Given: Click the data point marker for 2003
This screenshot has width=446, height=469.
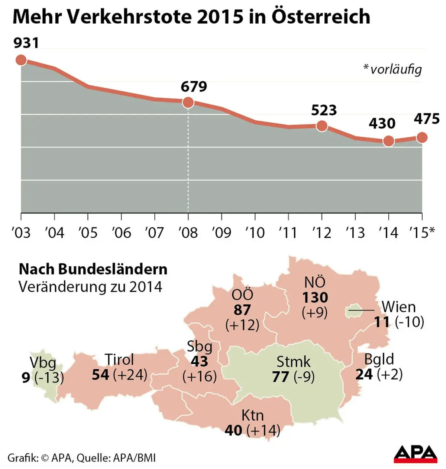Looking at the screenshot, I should click(21, 60).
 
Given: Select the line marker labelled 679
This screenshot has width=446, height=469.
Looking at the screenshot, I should click(188, 102).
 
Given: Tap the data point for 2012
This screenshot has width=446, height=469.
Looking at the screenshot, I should click(322, 126).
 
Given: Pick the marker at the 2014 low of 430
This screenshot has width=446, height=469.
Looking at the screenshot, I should click(389, 141).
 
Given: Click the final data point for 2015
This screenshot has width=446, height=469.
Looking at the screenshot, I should click(422, 137).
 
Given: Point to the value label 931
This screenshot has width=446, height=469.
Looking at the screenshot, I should click(26, 43).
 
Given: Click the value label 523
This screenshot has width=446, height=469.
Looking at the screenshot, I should click(324, 110).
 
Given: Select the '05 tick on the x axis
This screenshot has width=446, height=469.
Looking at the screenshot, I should click(88, 232).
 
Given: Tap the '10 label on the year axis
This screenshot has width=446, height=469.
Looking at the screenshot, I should click(255, 232).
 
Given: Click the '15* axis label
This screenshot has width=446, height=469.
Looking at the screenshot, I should click(422, 232).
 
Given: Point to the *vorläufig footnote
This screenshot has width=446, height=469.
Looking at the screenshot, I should click(392, 69).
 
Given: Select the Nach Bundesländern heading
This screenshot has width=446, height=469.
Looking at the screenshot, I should click(93, 269).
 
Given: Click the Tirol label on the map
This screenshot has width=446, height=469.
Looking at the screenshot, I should click(119, 359).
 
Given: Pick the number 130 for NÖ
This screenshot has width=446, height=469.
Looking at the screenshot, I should click(315, 298).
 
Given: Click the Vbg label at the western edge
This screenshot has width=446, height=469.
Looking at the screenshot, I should click(42, 362).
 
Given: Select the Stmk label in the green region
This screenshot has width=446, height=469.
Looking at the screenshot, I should click(293, 361).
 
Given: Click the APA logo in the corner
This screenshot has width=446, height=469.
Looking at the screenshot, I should click(416, 454).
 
